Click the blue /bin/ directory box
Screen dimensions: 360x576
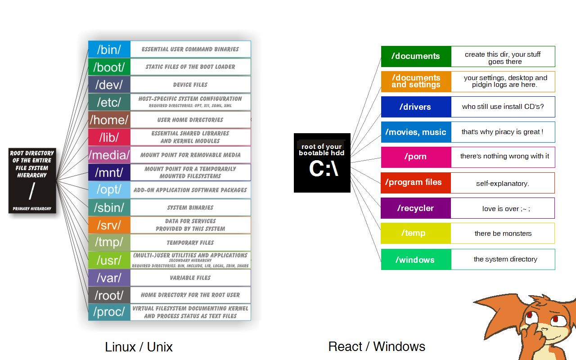(x=109, y=49)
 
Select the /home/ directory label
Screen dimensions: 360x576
(x=109, y=120)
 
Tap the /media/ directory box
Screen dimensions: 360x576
(x=109, y=155)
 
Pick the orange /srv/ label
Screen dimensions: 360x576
(x=109, y=225)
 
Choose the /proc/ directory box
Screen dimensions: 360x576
(x=109, y=312)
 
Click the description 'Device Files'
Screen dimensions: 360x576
(x=190, y=85)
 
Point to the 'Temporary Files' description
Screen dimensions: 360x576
(x=190, y=243)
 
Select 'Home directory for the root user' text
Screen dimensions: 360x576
(x=190, y=295)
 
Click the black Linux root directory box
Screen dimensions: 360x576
(x=32, y=180)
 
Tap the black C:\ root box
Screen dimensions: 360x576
(x=322, y=163)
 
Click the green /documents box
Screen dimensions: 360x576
(x=416, y=56)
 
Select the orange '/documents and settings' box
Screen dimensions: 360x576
(x=416, y=81)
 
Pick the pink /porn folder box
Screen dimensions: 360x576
(x=416, y=157)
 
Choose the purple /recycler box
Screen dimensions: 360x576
(x=416, y=208)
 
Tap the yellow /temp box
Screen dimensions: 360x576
(x=416, y=233)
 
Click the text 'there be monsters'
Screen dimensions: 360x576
(x=503, y=234)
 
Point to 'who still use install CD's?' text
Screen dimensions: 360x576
(x=503, y=107)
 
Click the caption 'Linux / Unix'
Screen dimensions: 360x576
(x=139, y=347)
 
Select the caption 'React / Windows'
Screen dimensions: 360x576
(x=377, y=346)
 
